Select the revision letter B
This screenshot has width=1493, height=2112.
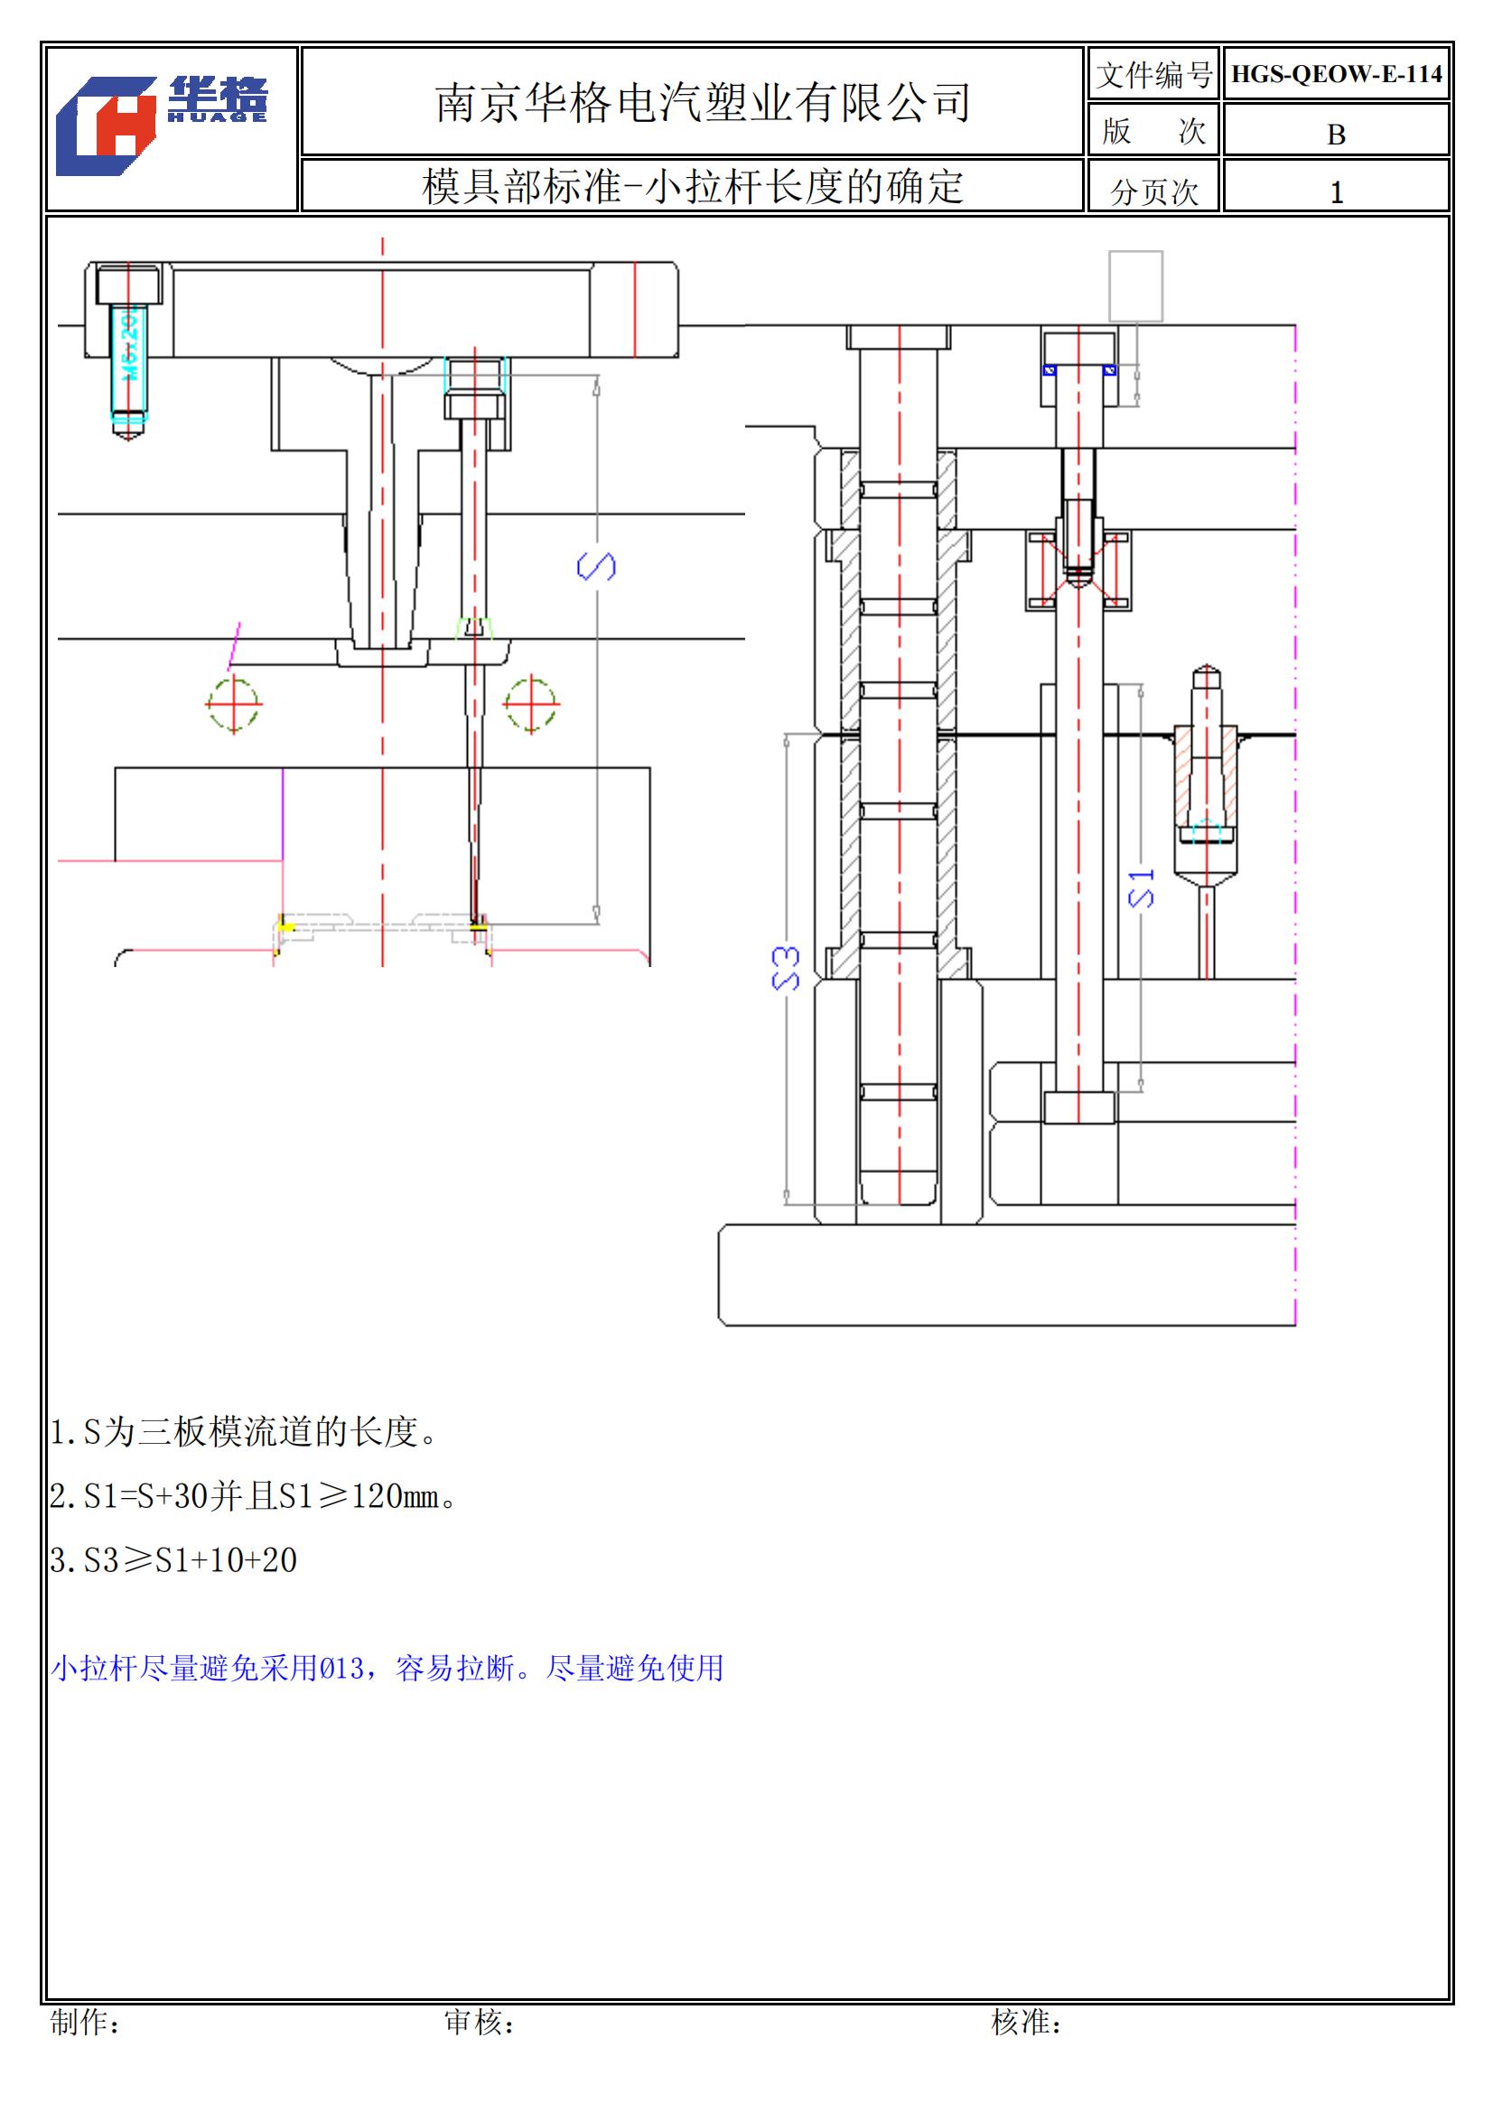click(x=1336, y=135)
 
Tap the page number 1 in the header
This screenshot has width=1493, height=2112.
click(x=1336, y=192)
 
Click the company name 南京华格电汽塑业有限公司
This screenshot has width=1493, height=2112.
click(x=703, y=102)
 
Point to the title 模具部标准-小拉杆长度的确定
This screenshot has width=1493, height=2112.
click(x=692, y=187)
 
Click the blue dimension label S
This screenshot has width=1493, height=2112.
click(x=596, y=566)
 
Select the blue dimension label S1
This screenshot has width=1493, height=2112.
click(x=1141, y=889)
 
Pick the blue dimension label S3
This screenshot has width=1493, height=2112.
click(x=786, y=969)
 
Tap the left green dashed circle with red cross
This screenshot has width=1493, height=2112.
click(x=234, y=704)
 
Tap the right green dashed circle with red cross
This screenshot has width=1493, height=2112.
click(x=531, y=704)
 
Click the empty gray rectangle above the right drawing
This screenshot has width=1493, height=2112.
click(x=1135, y=286)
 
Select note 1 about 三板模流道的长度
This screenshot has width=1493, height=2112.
click(x=244, y=1432)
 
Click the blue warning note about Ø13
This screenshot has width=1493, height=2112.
click(x=387, y=1668)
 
